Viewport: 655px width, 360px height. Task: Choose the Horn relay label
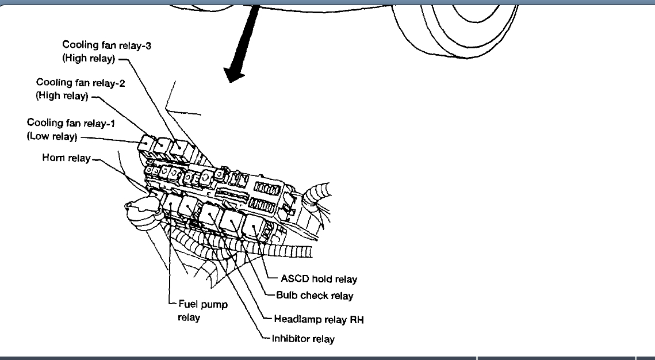(66, 158)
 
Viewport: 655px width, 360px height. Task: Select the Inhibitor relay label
(303, 339)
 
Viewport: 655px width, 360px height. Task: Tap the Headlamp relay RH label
(319, 319)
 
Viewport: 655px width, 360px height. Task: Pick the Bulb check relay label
(315, 296)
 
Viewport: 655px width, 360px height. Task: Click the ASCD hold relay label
(319, 279)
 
